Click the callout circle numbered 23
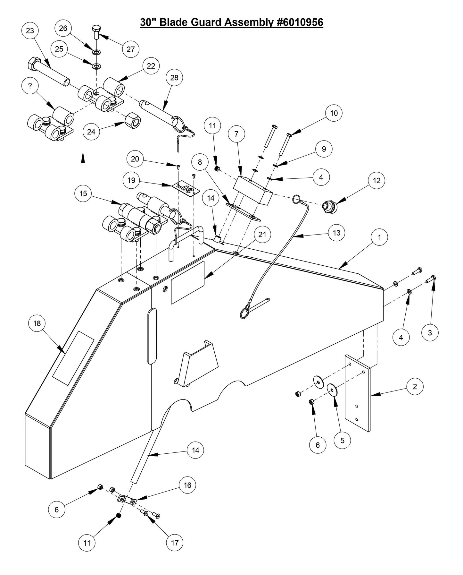pyautogui.click(x=30, y=31)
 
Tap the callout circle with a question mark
pyautogui.click(x=30, y=86)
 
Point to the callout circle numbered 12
pyautogui.click(x=376, y=180)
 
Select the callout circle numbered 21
pyautogui.click(x=262, y=235)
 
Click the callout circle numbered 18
pyautogui.click(x=37, y=323)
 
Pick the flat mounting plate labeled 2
pyautogui.click(x=357, y=392)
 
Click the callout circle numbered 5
pyautogui.click(x=342, y=441)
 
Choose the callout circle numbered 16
pyautogui.click(x=187, y=485)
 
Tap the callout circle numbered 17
pyautogui.click(x=175, y=543)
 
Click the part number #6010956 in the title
pyautogui.click(x=299, y=22)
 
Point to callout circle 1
pyautogui.click(x=379, y=237)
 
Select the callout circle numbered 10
pyautogui.click(x=334, y=113)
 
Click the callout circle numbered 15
pyautogui.click(x=83, y=193)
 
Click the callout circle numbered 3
pyautogui.click(x=430, y=333)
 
